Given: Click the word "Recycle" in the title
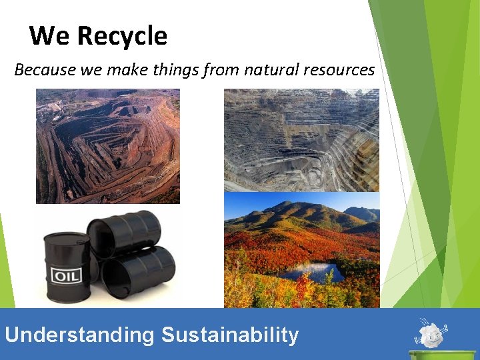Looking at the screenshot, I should (x=123, y=36).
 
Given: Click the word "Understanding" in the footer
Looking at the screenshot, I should (x=79, y=334).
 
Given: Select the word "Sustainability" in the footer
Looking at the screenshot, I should (x=230, y=334).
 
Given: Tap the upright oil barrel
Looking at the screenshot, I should (x=67, y=267).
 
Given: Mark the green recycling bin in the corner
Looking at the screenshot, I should (x=433, y=354).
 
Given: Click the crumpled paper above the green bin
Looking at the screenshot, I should (x=431, y=332).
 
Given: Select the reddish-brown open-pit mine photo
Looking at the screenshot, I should (x=107, y=146).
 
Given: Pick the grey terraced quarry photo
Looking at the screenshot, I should (x=301, y=140).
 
